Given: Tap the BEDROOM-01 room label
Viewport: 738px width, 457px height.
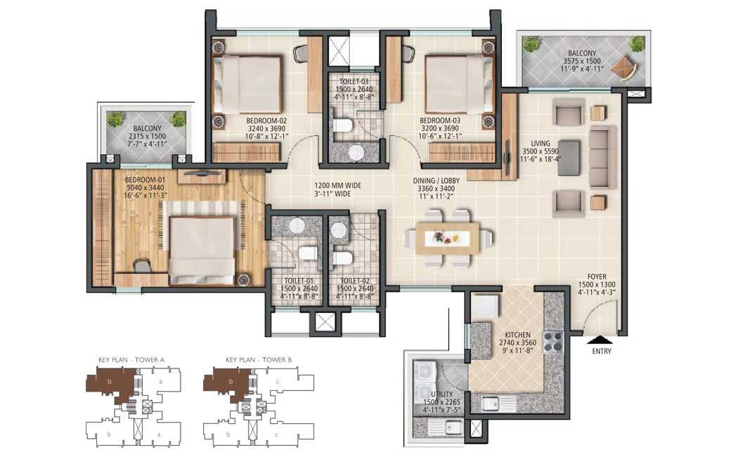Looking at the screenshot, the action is tap(145, 180).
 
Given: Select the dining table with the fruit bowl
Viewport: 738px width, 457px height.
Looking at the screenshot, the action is tap(447, 238).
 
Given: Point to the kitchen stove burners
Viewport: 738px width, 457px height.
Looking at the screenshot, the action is tap(553, 342).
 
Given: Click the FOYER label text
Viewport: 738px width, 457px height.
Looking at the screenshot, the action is tap(597, 277).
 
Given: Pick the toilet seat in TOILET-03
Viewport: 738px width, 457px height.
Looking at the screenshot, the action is tap(343, 126).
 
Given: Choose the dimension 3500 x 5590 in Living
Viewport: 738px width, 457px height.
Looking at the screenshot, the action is tap(540, 152).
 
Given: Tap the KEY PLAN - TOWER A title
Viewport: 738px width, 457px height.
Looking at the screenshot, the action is tap(131, 360).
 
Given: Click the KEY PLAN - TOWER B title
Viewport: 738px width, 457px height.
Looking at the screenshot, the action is tap(259, 360).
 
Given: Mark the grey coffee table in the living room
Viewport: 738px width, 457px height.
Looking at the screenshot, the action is tap(569, 158).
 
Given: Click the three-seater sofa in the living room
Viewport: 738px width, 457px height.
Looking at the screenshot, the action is tap(603, 157).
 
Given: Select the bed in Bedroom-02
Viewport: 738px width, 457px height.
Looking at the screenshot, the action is tap(247, 84).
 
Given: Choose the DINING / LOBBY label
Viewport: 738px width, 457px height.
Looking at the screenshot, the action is tap(436, 181).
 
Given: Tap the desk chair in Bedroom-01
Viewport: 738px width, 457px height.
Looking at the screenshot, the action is tap(142, 266).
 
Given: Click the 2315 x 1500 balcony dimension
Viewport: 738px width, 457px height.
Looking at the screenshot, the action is tap(147, 136).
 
